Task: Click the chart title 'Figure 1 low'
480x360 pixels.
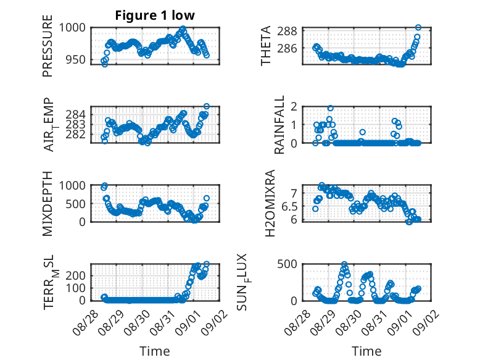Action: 155,15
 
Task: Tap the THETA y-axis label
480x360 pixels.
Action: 266,46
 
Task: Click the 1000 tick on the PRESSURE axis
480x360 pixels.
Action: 76,27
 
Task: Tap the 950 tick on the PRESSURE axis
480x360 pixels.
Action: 79,59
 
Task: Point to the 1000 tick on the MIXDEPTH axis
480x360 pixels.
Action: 76,185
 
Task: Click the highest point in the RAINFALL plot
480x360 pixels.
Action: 330,108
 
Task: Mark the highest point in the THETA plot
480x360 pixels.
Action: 418,28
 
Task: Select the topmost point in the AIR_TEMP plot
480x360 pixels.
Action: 206,107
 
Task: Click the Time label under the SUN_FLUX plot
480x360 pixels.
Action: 366,351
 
